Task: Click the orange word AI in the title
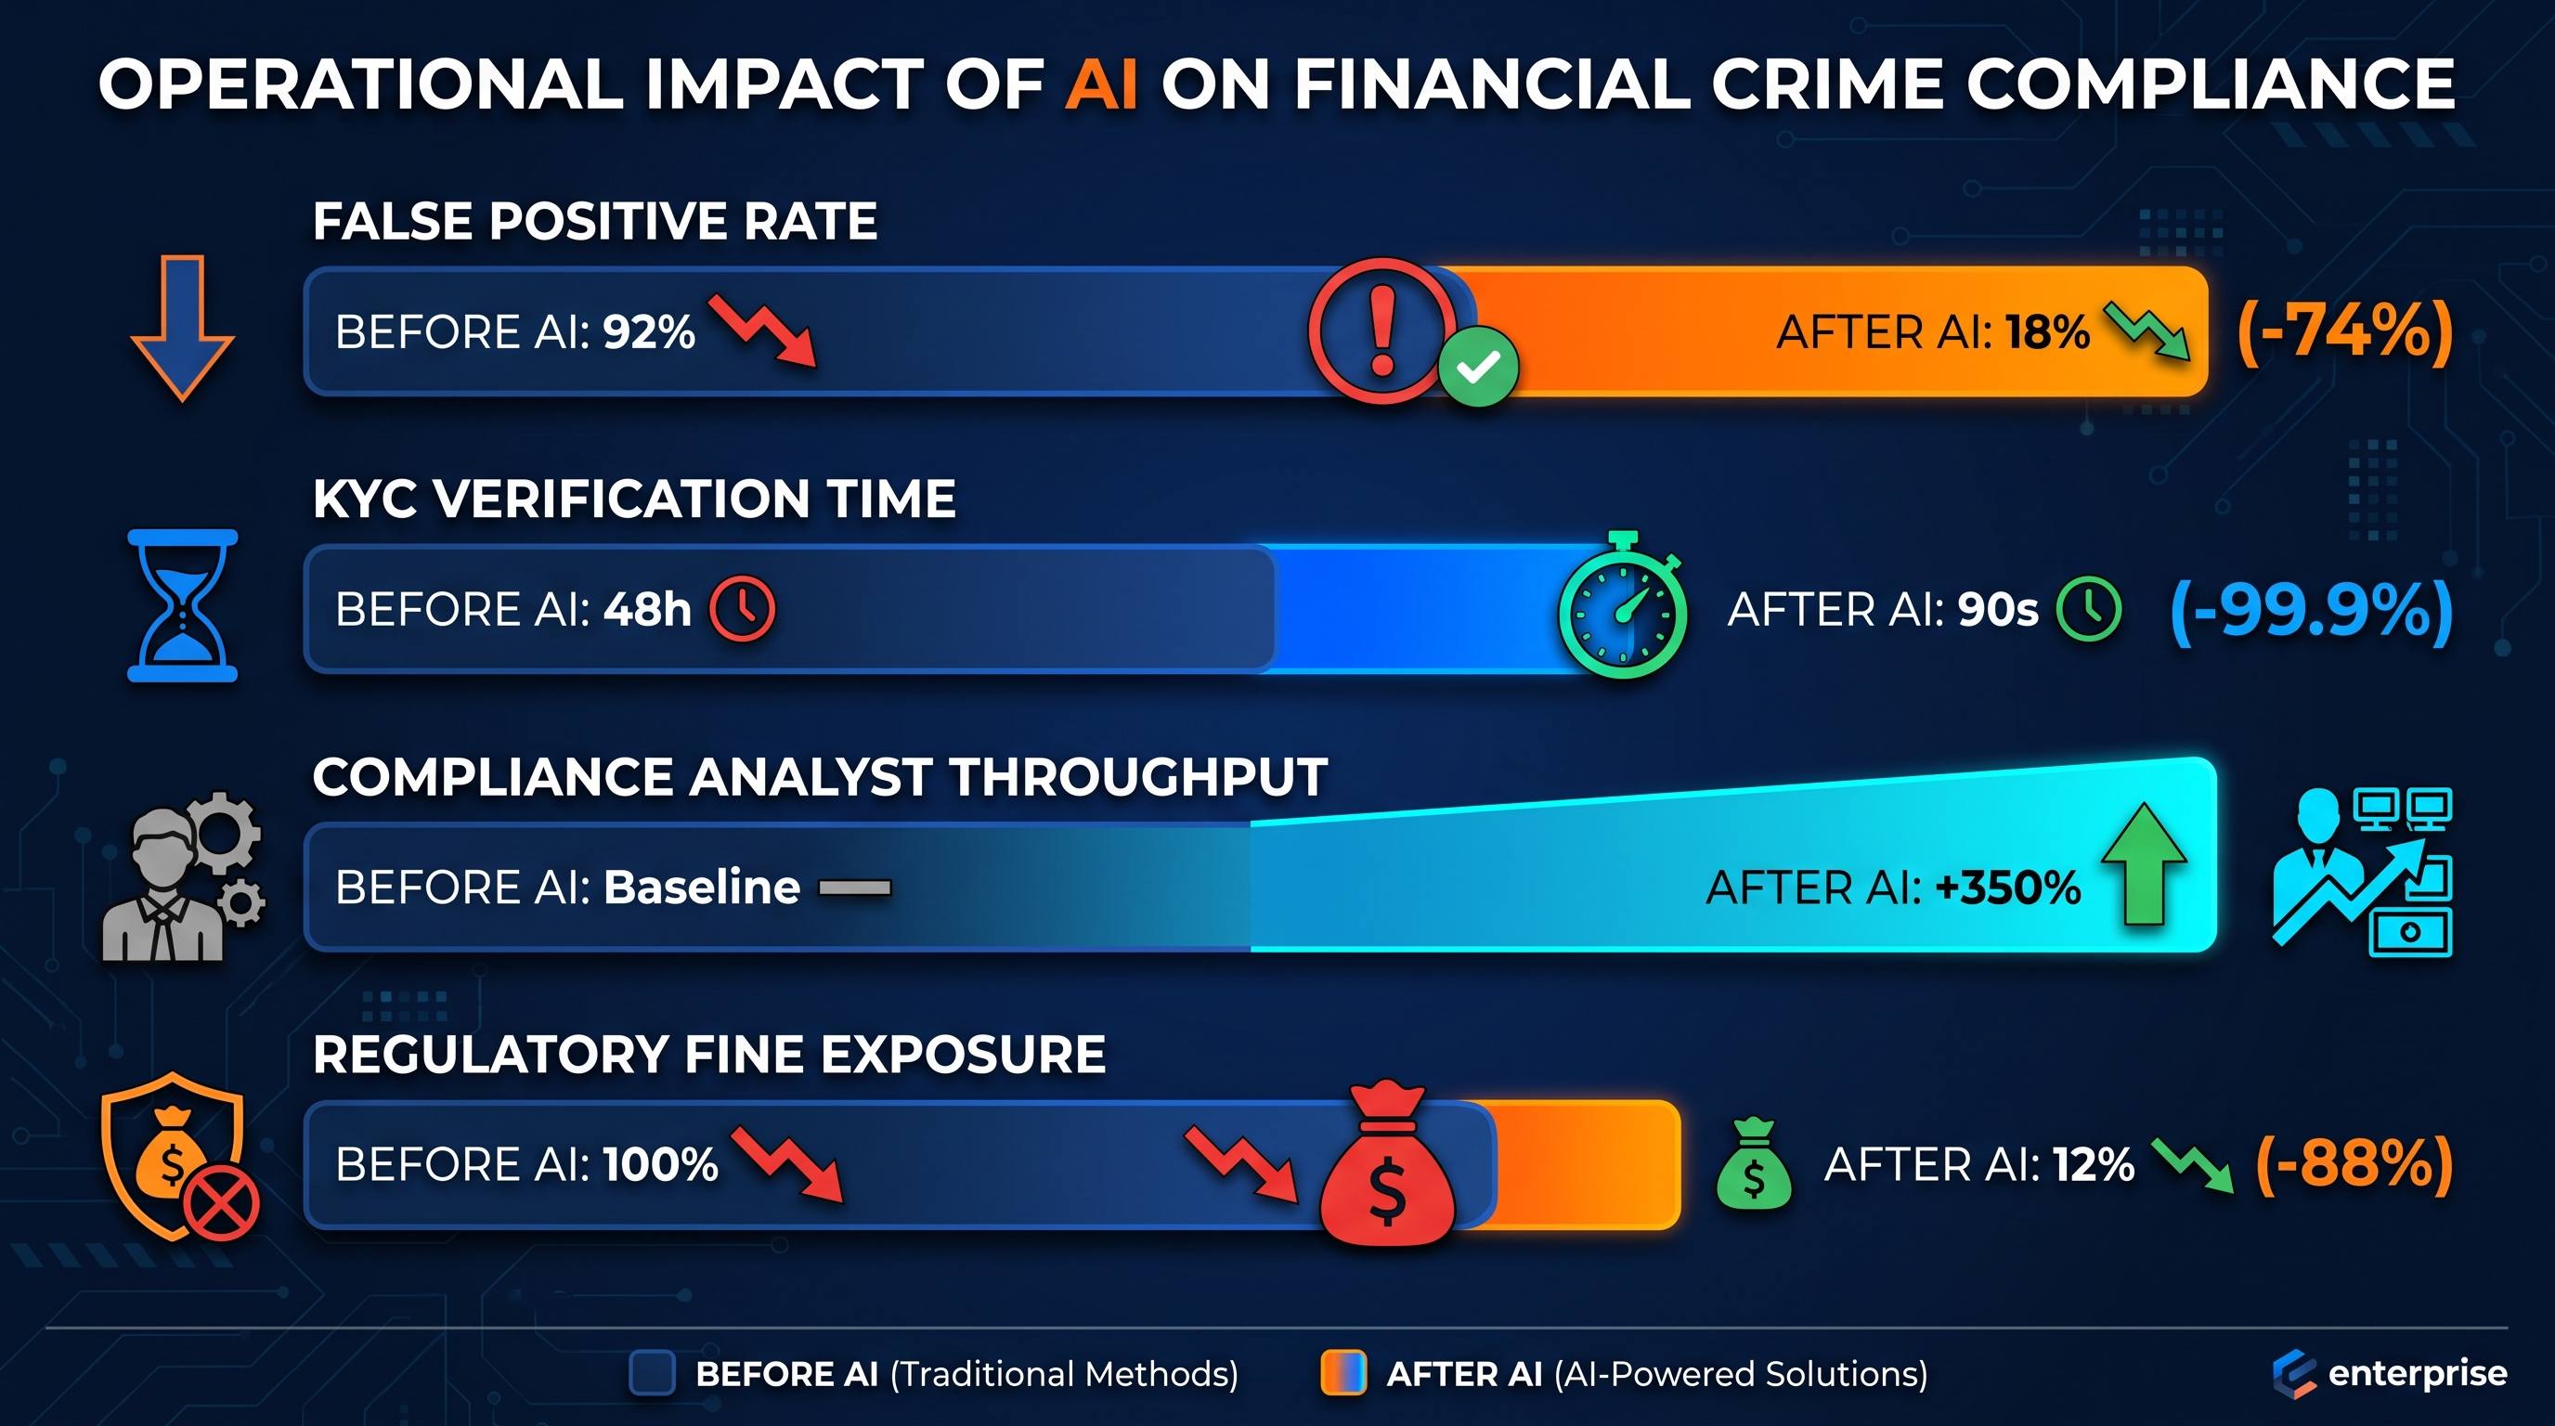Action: click(1101, 84)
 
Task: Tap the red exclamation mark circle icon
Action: click(1382, 331)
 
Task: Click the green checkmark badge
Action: click(1478, 367)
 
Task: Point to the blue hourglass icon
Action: click(183, 605)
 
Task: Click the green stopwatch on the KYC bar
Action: click(1623, 607)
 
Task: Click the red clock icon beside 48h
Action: click(742, 609)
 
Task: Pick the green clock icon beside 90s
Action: click(2090, 609)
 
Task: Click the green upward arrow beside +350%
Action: click(2144, 863)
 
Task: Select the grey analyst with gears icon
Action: click(184, 875)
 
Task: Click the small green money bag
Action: click(1754, 1164)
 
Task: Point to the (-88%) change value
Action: click(2354, 1163)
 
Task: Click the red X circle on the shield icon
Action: click(221, 1203)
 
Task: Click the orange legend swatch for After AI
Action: click(1343, 1373)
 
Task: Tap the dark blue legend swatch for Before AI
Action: click(653, 1373)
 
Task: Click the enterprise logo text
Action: click(2418, 1374)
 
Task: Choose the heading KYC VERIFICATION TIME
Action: click(634, 498)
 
